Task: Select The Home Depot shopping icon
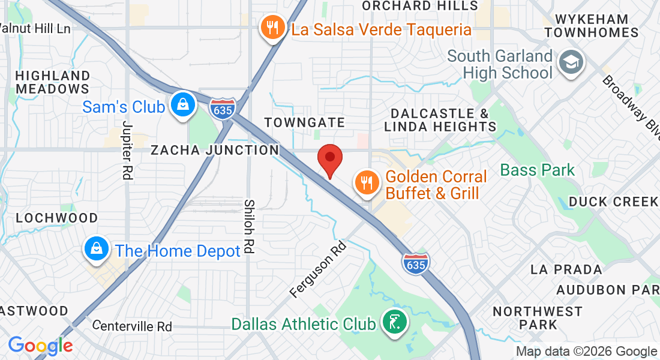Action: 95,250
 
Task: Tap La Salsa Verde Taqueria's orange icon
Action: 272,28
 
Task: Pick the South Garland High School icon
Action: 567,62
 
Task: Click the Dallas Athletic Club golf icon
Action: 394,323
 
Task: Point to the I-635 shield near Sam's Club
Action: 223,109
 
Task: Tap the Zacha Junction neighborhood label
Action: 214,150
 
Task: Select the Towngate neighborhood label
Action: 305,122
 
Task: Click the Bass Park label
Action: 538,170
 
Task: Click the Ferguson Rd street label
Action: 318,269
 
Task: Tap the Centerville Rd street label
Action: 133,326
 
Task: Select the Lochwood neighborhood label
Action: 56,217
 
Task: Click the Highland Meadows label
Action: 53,82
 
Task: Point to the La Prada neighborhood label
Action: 566,269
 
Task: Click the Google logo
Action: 40,346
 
